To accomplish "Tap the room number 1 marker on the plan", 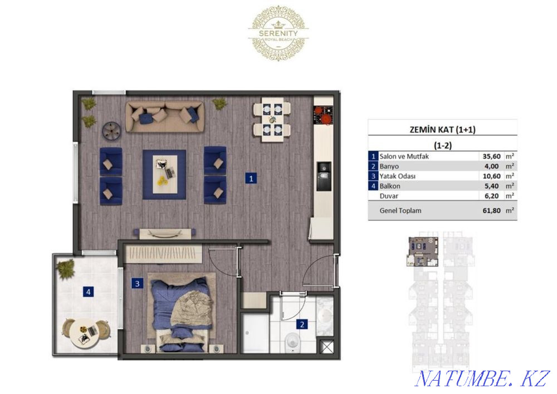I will (x=252, y=179).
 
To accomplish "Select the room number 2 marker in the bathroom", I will (x=301, y=324).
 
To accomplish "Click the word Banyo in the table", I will (x=388, y=166).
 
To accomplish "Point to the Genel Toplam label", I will (x=400, y=211).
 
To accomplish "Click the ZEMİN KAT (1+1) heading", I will (x=442, y=129).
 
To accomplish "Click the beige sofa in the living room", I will (x=165, y=116).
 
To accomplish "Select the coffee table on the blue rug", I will (x=164, y=174).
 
